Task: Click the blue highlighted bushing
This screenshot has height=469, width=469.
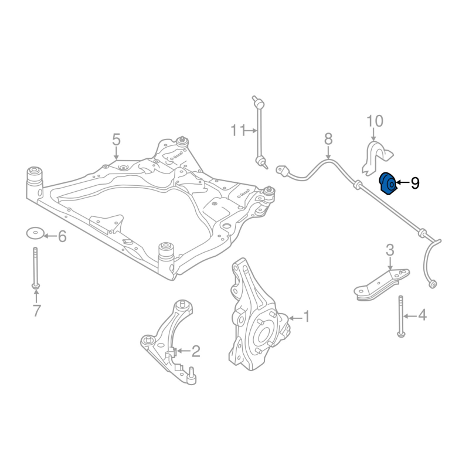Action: click(388, 183)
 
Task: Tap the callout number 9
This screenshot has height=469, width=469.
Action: click(415, 183)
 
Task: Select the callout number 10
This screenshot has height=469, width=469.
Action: click(375, 121)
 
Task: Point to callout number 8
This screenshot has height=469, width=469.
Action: click(328, 139)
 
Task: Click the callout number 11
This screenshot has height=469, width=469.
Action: click(237, 130)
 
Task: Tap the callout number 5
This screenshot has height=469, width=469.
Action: click(116, 140)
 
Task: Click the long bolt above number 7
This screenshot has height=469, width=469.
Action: click(36, 267)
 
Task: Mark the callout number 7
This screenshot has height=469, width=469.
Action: click(36, 311)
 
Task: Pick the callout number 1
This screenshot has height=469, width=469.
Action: click(305, 317)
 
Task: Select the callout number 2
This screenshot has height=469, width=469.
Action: click(195, 351)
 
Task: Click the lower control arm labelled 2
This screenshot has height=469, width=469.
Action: click(167, 340)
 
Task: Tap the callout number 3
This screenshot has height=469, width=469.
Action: click(390, 251)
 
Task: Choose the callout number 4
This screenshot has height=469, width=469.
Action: click(422, 316)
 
